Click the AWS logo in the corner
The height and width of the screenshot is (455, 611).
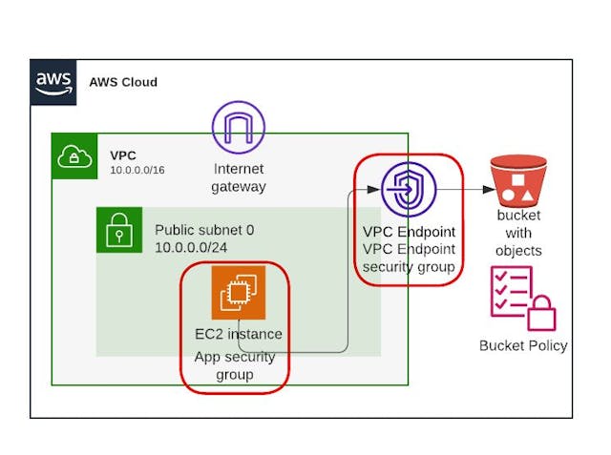tap(53, 81)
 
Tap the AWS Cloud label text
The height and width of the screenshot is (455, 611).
tap(123, 82)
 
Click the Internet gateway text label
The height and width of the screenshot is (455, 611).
tap(239, 178)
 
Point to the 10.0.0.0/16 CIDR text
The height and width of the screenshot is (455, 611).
tap(138, 170)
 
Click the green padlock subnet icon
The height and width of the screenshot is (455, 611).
tap(118, 230)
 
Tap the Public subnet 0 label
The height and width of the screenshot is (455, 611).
tap(204, 231)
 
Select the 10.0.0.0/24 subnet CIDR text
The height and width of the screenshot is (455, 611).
tap(197, 248)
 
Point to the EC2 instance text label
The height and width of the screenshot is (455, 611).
tap(238, 334)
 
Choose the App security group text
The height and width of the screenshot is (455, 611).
tap(235, 365)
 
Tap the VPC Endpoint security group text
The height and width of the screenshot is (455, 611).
tap(409, 258)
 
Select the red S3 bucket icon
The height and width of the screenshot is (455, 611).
tap(517, 182)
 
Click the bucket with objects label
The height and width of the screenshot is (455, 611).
tap(518, 233)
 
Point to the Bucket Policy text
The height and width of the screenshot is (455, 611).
tap(523, 345)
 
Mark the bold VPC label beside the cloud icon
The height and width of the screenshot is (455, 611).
tap(123, 155)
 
